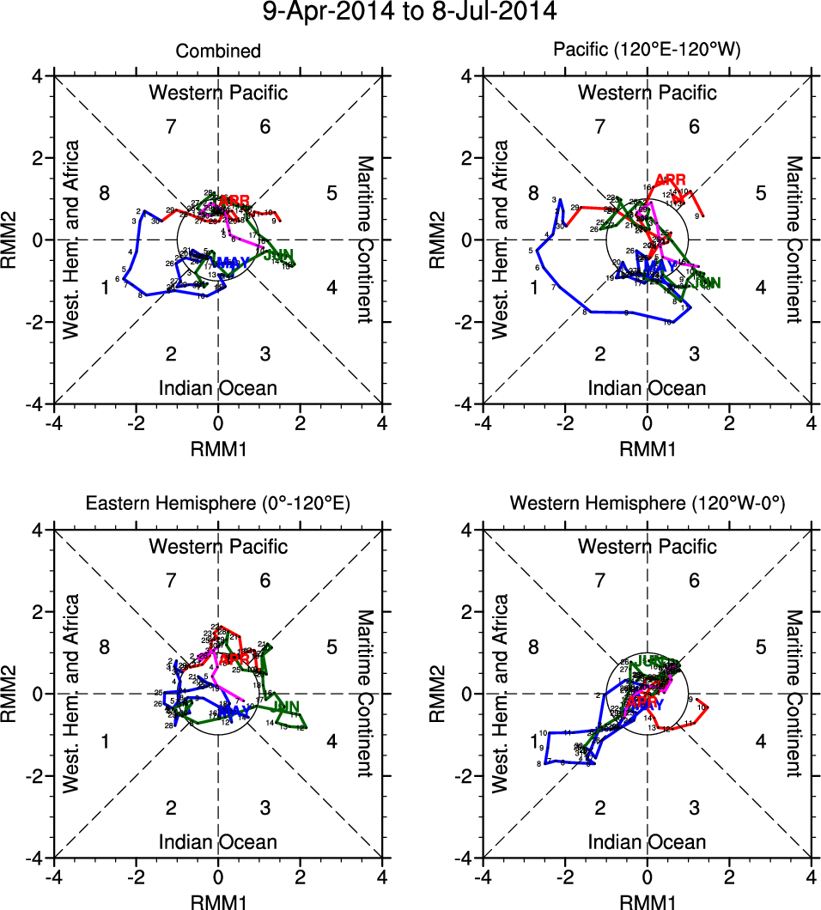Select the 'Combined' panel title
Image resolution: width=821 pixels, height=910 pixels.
218,52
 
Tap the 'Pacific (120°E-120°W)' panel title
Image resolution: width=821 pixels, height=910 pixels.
647,52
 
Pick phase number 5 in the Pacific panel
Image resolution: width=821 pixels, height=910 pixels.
760,192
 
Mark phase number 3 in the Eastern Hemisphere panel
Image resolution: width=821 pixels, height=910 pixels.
265,807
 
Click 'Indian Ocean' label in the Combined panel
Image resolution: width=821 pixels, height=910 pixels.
218,388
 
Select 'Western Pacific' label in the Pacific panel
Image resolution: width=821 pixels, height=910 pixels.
647,93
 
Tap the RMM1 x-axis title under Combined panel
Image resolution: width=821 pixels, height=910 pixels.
218,447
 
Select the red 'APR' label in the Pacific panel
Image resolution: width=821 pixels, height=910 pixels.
671,179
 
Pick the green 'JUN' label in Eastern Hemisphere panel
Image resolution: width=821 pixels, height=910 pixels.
285,707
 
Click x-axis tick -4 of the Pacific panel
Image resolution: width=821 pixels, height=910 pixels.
483,423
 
